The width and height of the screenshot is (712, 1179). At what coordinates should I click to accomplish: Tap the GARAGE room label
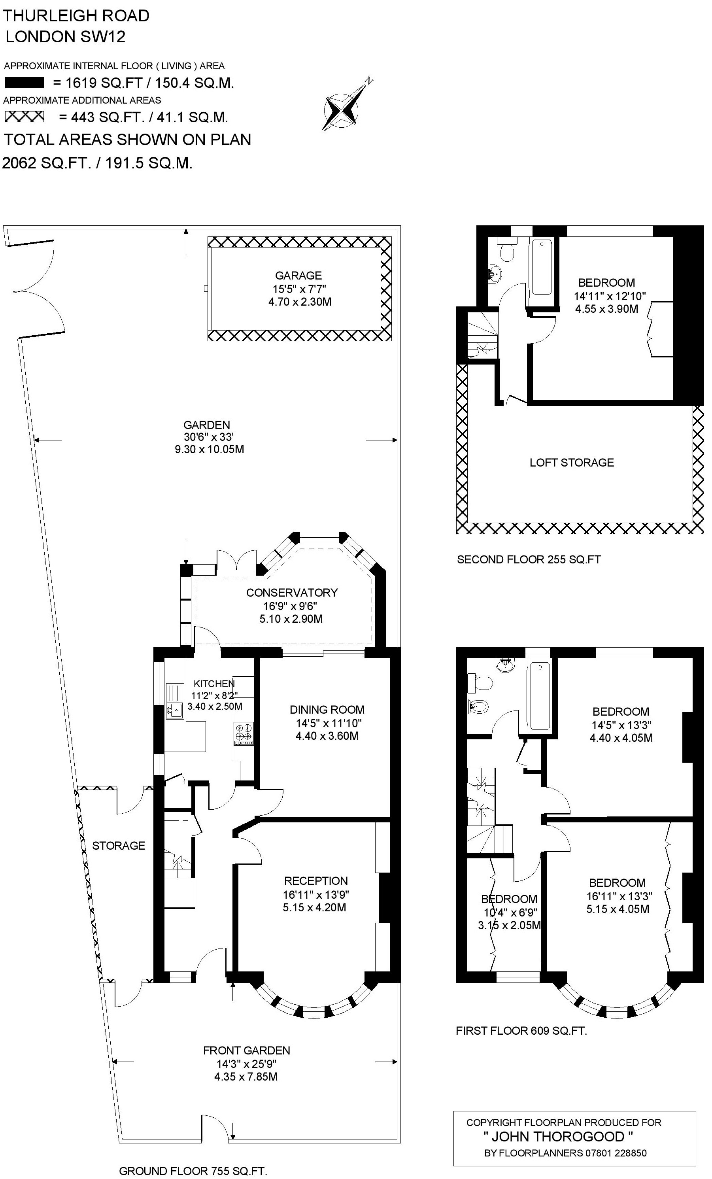[298, 275]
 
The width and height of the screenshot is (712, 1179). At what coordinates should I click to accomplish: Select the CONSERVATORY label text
[292, 592]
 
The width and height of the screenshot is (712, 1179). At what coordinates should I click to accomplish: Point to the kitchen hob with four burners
[244, 734]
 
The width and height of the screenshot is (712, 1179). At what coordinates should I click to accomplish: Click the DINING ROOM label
[327, 710]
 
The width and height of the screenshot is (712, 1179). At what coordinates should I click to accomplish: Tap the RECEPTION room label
[316, 881]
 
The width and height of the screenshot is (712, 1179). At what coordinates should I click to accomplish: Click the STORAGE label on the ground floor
[119, 845]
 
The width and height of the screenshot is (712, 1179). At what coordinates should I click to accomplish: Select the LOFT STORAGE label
[572, 462]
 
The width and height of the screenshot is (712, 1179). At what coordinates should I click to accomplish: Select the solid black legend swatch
[25, 83]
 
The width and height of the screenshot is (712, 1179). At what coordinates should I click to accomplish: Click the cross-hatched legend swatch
[25, 117]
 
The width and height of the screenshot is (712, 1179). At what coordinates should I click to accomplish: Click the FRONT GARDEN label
[246, 1050]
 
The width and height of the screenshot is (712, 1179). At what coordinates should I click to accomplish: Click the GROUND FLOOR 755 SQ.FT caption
[193, 1171]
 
